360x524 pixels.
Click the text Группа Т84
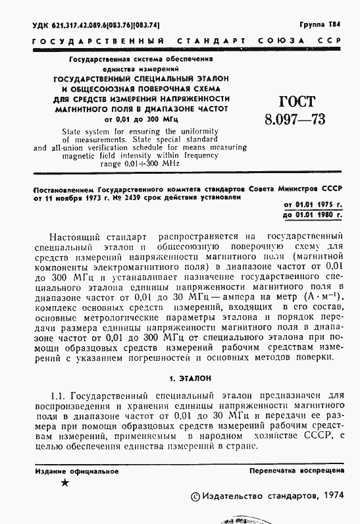[321, 24]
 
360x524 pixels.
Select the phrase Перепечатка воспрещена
[296, 471]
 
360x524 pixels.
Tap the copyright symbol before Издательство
[193, 496]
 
